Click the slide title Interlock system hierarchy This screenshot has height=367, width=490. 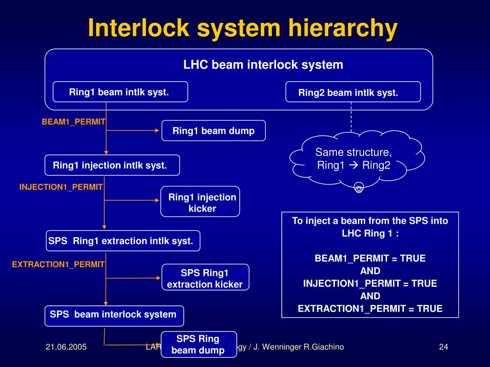pos(243,29)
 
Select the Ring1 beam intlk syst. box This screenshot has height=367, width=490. pos(120,92)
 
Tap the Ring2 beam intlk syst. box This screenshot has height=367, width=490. pos(353,92)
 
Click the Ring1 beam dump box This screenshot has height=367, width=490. pos(213,130)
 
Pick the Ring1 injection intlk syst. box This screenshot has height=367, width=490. pos(112,165)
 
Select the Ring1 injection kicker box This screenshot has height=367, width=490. pos(200,202)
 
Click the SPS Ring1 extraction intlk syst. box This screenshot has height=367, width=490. pos(123,241)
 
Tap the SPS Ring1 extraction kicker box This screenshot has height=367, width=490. pos(205,279)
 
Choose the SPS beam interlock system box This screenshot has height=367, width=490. pos(114,315)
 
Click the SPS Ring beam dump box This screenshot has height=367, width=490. pos(199,344)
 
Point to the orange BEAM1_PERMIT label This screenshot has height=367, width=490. pos(74,122)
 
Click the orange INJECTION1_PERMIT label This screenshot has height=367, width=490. pos(61,187)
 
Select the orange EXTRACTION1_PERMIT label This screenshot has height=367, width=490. pos(58,264)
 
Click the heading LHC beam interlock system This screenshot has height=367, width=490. pos(263,65)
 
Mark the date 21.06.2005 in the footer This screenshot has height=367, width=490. pos(66,347)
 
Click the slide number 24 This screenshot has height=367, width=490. pos(443,347)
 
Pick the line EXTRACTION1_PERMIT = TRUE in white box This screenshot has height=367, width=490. pos(370,308)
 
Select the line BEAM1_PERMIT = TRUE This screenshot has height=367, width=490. pos(370,259)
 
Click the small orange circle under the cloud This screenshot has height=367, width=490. pos(359,188)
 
